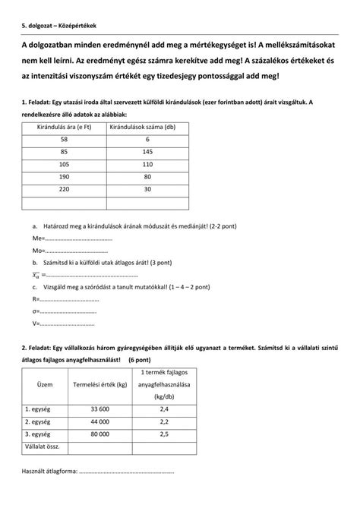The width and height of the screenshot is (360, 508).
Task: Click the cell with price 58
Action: [64, 140]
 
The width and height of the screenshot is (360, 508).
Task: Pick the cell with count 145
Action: [147, 152]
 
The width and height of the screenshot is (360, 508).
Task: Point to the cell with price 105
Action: [64, 164]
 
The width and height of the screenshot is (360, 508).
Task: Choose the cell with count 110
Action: [147, 164]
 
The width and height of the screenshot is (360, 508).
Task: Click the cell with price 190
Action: [64, 177]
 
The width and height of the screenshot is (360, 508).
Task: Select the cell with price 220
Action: [64, 189]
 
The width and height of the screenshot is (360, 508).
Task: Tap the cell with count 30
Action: [147, 189]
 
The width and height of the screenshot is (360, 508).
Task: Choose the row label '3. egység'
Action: [39, 434]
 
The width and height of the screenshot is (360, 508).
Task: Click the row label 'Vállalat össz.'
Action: [43, 446]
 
